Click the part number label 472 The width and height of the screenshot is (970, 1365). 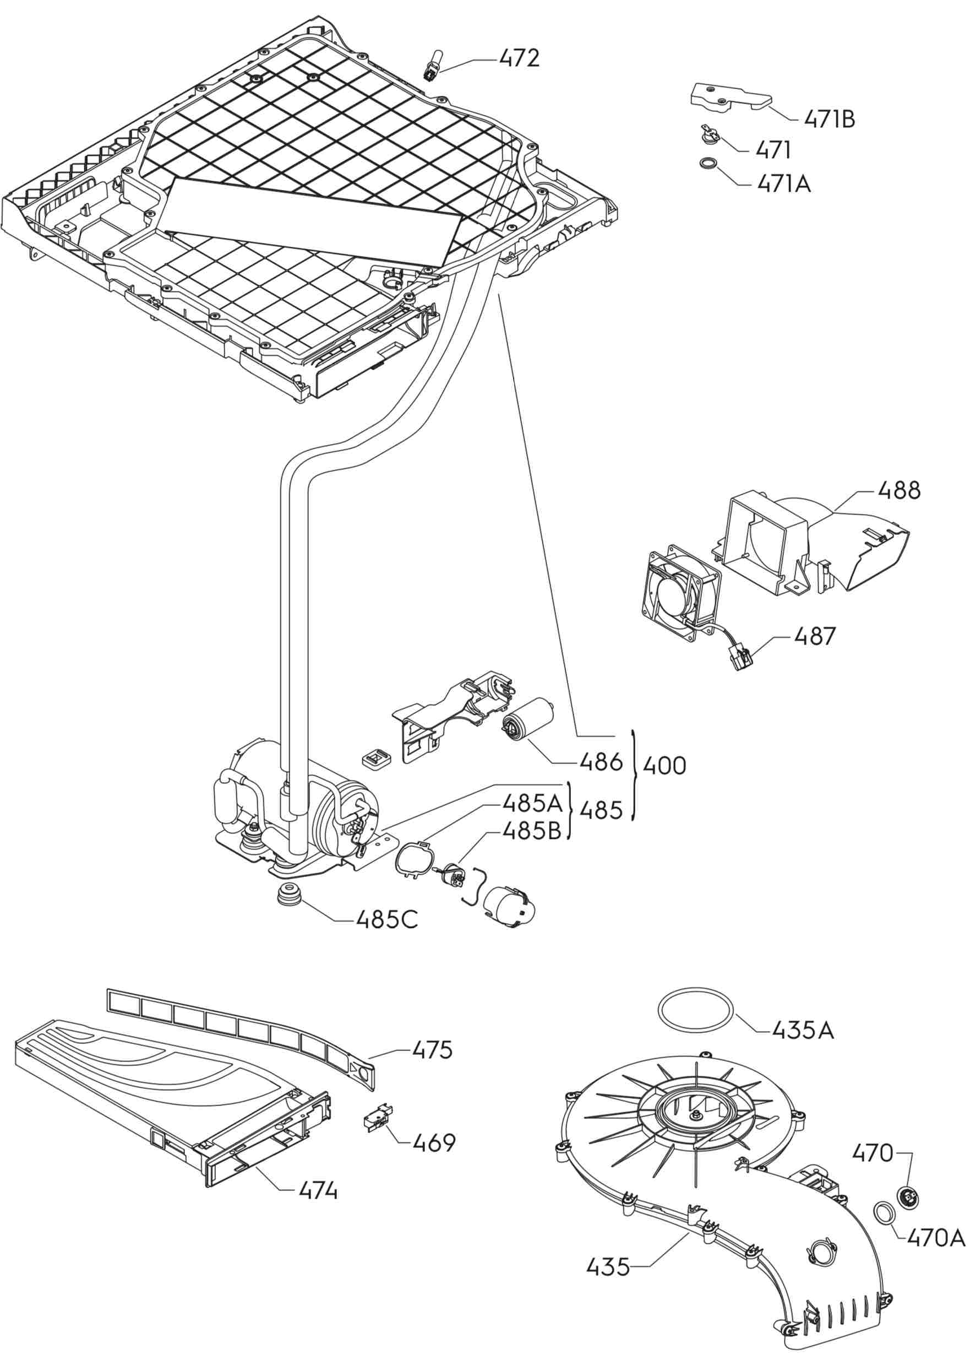tap(519, 58)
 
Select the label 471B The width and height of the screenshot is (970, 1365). tap(829, 120)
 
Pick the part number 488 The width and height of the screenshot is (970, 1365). tap(898, 491)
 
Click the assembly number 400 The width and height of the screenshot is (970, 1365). tap(664, 766)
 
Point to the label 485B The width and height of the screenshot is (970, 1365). tap(532, 830)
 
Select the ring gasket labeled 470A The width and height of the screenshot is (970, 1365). tap(885, 1212)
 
